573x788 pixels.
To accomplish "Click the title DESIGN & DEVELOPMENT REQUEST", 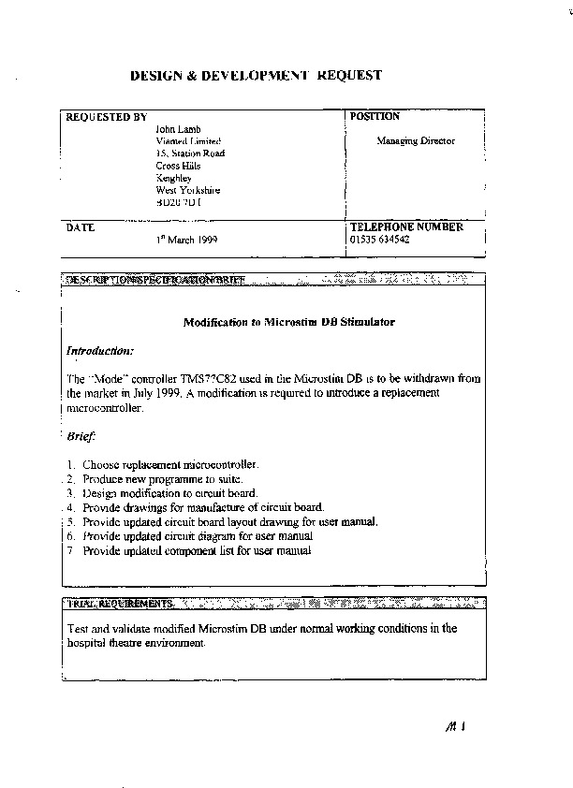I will point(255,76).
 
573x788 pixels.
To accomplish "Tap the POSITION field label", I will point(375,117).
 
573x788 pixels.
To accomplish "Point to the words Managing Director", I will point(416,141).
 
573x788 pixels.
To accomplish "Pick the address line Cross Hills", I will point(178,166).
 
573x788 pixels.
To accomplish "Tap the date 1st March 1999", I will point(187,241).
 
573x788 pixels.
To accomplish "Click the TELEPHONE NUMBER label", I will point(405,227).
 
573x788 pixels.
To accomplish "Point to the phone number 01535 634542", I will point(379,240).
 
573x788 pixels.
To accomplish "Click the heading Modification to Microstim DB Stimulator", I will point(288,322).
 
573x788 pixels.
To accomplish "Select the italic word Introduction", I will point(100,351).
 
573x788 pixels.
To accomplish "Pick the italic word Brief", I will point(81,436).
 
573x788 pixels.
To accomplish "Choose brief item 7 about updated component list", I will point(196,551).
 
